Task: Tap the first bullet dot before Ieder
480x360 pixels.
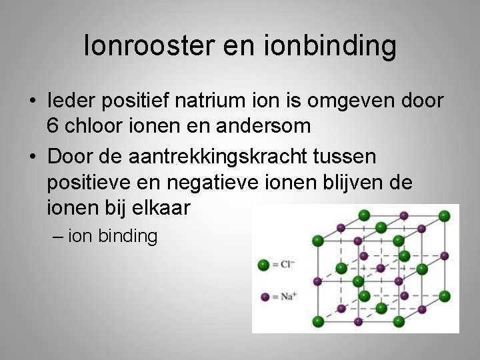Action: click(32, 101)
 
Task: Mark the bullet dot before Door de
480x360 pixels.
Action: click(32, 158)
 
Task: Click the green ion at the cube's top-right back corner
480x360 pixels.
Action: click(447, 215)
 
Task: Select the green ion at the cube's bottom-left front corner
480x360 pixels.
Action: click(319, 323)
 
